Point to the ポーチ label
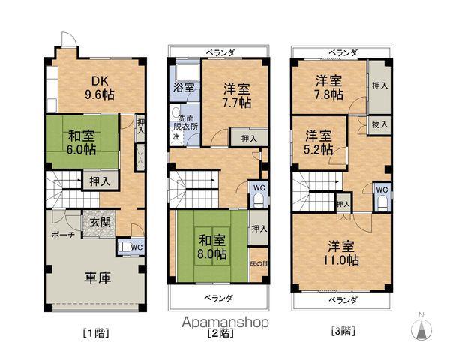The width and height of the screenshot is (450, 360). coord(61,234)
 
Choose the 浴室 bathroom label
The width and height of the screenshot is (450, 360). coord(184,88)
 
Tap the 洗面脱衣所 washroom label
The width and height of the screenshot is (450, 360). coord(190,122)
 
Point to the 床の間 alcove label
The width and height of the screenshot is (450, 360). coord(257,265)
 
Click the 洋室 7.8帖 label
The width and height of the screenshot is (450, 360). coord(328,86)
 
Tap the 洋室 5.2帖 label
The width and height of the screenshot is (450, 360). coord(318,142)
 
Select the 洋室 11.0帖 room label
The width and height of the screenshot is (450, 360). coord(342,253)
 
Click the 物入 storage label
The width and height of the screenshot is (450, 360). coord(379,124)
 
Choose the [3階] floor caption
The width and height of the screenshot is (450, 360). coord(342,330)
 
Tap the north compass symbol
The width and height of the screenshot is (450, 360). coord(421,328)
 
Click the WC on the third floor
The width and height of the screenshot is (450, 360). coord(381,190)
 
